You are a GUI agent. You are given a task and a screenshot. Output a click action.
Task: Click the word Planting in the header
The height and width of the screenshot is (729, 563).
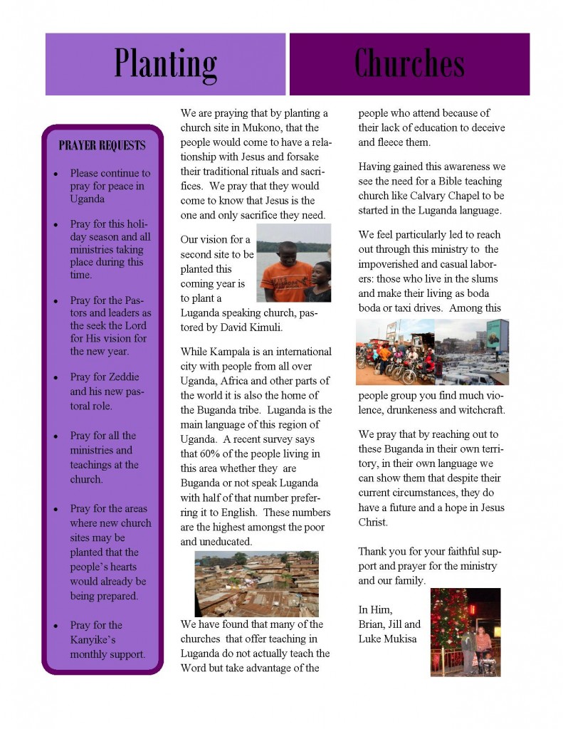click(x=165, y=64)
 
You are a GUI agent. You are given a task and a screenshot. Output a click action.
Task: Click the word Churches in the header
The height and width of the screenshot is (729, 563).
click(x=409, y=64)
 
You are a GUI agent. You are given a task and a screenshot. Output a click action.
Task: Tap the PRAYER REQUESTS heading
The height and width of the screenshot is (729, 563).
click(x=102, y=146)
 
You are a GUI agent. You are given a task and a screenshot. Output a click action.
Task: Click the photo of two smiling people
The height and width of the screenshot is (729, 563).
click(x=293, y=263)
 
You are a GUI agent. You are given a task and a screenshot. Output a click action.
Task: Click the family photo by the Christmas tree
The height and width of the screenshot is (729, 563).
click(x=465, y=631)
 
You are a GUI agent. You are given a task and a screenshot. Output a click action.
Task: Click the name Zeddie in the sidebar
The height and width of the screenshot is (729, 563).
click(x=124, y=377)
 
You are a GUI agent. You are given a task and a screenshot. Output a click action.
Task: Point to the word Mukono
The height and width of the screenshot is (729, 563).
click(x=251, y=127)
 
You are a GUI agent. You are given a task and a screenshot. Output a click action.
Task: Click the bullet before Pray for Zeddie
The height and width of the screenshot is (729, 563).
click(x=56, y=377)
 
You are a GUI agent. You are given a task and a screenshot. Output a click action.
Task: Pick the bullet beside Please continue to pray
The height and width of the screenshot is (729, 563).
click(x=56, y=174)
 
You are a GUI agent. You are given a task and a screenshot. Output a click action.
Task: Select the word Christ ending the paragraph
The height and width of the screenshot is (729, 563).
click(x=374, y=522)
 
